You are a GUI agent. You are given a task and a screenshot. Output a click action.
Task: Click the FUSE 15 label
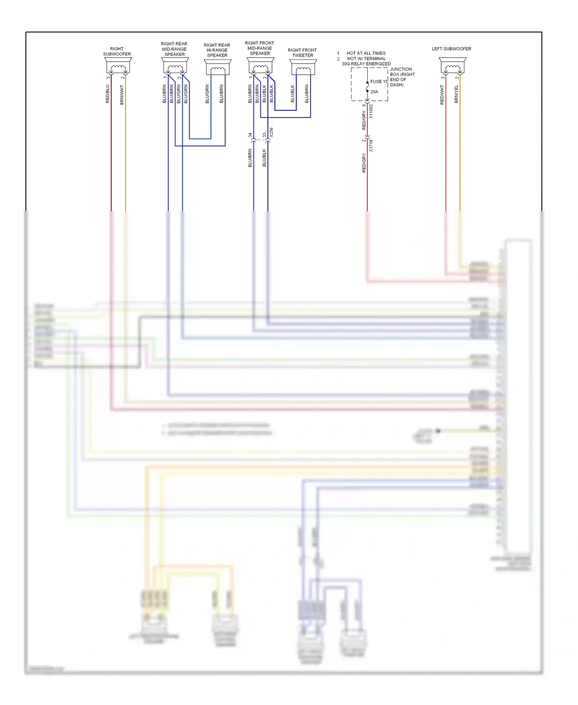[379, 82]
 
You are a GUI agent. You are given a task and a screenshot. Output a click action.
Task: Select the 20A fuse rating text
[374, 92]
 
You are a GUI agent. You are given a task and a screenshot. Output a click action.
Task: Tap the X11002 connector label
[371, 111]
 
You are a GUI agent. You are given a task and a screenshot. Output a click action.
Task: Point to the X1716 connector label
[371, 145]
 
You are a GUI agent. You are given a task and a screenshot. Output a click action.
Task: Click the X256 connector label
[271, 132]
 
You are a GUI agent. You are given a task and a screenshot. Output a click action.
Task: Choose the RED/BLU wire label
[108, 94]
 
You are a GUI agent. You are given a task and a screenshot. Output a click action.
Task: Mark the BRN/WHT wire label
[122, 95]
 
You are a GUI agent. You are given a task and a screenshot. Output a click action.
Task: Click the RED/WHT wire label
[442, 95]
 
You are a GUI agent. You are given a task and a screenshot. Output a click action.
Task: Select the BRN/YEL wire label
[456, 94]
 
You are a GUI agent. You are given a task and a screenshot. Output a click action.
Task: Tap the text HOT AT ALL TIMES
[366, 53]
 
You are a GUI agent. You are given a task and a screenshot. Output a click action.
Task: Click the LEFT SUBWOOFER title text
[451, 49]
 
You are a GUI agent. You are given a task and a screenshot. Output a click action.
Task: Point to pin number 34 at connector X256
[250, 135]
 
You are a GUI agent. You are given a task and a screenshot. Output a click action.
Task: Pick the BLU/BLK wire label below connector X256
[264, 158]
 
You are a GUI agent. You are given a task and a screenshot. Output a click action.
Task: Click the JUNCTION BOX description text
[402, 77]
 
